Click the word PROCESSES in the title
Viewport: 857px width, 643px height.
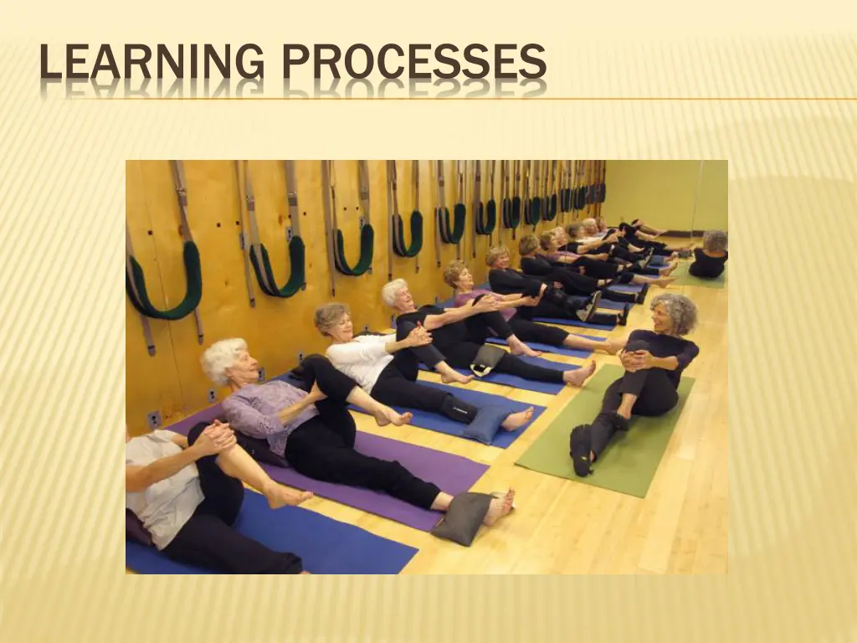pos(413,64)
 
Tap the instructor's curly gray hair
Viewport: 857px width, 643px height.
pos(675,311)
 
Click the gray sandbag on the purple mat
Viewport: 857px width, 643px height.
pos(463,517)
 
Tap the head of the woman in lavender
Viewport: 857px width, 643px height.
pos(223,359)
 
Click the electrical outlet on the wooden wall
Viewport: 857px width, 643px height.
pos(153,418)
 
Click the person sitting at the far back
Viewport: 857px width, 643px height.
pos(710,255)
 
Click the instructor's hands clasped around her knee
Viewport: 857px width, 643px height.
pos(638,360)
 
